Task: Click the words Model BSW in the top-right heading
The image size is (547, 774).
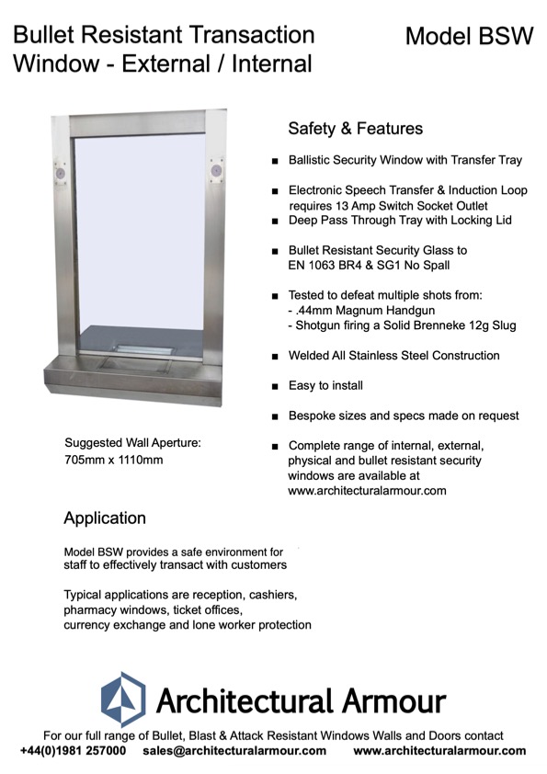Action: pyautogui.click(x=469, y=36)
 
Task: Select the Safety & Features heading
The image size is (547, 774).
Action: pyautogui.click(x=355, y=129)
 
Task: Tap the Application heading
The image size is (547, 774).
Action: pyautogui.click(x=105, y=518)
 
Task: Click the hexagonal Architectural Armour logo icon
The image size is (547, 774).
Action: pyautogui.click(x=122, y=700)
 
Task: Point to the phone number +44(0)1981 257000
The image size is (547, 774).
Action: pyautogui.click(x=74, y=751)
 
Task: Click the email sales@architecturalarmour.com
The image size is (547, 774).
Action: pyautogui.click(x=234, y=751)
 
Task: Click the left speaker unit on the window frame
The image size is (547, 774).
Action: pyautogui.click(x=61, y=172)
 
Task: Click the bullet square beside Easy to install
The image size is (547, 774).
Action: pyautogui.click(x=275, y=387)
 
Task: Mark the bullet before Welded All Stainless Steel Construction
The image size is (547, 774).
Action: pyautogui.click(x=275, y=356)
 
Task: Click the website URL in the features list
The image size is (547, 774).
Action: pyautogui.click(x=367, y=491)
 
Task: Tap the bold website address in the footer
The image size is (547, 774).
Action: pyautogui.click(x=439, y=751)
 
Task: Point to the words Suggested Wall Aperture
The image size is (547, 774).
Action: pyautogui.click(x=132, y=442)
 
